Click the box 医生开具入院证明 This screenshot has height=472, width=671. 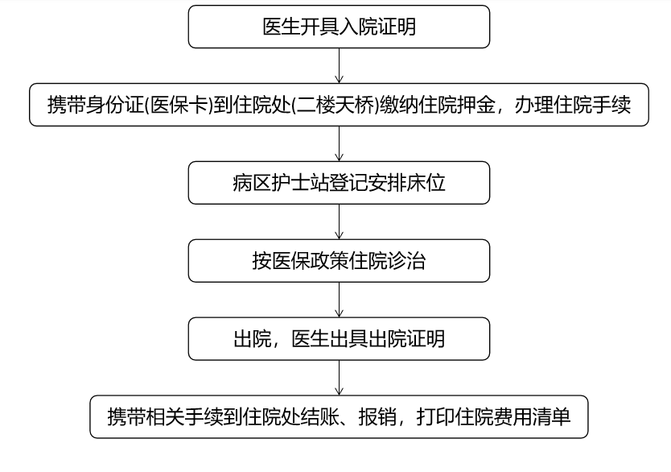(x=339, y=27)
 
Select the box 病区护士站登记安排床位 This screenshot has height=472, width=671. (x=339, y=183)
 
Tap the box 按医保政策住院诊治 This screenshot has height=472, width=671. (x=339, y=261)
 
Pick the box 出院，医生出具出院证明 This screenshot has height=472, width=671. (x=339, y=339)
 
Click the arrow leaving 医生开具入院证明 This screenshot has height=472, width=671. (x=339, y=65)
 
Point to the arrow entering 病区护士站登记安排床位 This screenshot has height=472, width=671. (x=339, y=143)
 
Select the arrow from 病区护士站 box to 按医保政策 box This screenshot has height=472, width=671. (x=339, y=222)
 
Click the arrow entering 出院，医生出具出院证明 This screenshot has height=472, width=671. (x=339, y=300)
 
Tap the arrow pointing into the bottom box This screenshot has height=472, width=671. (x=339, y=378)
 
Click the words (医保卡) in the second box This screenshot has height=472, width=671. (x=179, y=105)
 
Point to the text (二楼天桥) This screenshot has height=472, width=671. (x=335, y=105)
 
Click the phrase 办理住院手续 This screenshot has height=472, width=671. (x=573, y=105)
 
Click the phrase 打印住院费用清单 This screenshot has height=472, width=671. (x=493, y=416)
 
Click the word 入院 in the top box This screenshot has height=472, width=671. (x=358, y=27)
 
